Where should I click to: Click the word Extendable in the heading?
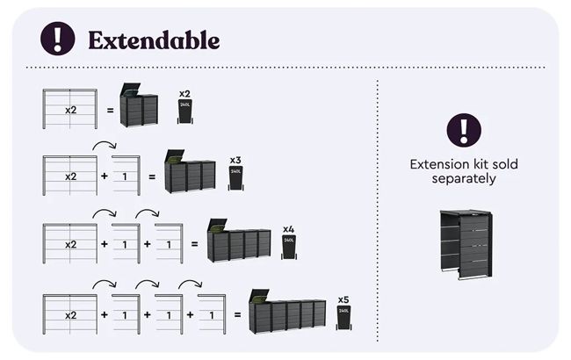coord(153,40)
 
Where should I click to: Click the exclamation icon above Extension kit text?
coord(464,130)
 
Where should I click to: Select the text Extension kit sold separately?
coord(464,171)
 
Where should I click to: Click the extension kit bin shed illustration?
coord(465,245)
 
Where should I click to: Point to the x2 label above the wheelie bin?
coord(184,92)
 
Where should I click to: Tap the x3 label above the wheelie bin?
coord(235,161)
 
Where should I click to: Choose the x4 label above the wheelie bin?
coord(288,228)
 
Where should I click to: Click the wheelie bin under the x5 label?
coord(343,315)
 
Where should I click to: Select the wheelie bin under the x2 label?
coord(184,111)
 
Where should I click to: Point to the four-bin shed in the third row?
coord(238,242)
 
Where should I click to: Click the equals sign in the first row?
coord(110,111)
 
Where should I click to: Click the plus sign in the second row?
coord(104,176)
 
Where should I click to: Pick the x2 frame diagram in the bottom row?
coord(69,313)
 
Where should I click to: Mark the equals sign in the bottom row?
coord(235,313)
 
